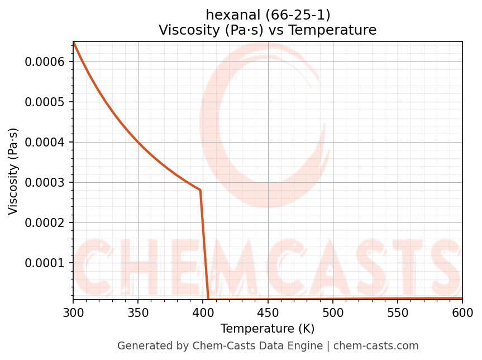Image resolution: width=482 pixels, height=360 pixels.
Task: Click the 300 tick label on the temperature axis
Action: (x=73, y=312)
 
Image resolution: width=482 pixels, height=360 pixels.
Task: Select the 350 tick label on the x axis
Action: (x=138, y=312)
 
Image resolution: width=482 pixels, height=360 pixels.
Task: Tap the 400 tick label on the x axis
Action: (x=203, y=312)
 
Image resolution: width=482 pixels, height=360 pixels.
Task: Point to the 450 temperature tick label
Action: (x=268, y=312)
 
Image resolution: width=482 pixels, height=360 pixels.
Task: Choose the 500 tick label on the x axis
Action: (x=332, y=312)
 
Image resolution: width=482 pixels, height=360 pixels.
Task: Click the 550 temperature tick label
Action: (x=398, y=312)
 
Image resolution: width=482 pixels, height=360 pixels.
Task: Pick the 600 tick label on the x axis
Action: (x=462, y=312)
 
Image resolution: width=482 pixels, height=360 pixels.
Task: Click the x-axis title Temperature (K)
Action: (x=268, y=329)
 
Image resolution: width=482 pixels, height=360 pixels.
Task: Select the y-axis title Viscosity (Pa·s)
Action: (x=13, y=171)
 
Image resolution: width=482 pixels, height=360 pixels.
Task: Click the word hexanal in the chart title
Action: (x=228, y=15)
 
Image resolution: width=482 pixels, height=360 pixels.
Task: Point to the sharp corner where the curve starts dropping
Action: (x=200, y=190)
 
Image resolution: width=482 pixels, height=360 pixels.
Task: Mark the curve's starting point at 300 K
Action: (x=74, y=42)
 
